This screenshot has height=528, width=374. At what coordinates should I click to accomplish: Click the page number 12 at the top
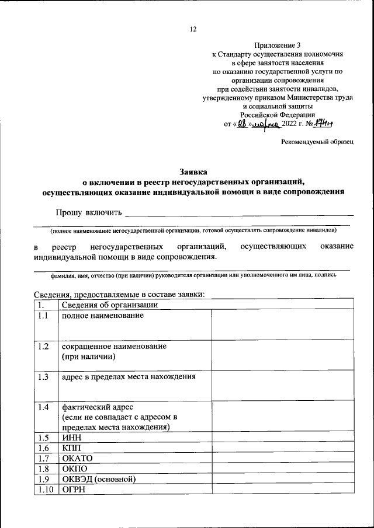(x=193, y=30)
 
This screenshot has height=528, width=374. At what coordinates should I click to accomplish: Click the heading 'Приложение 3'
(x=278, y=45)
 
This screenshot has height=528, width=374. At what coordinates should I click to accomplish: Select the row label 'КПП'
(x=69, y=447)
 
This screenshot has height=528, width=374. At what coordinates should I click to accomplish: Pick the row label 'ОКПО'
(x=74, y=468)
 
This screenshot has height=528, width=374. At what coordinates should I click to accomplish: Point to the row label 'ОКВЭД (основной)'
(x=99, y=479)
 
